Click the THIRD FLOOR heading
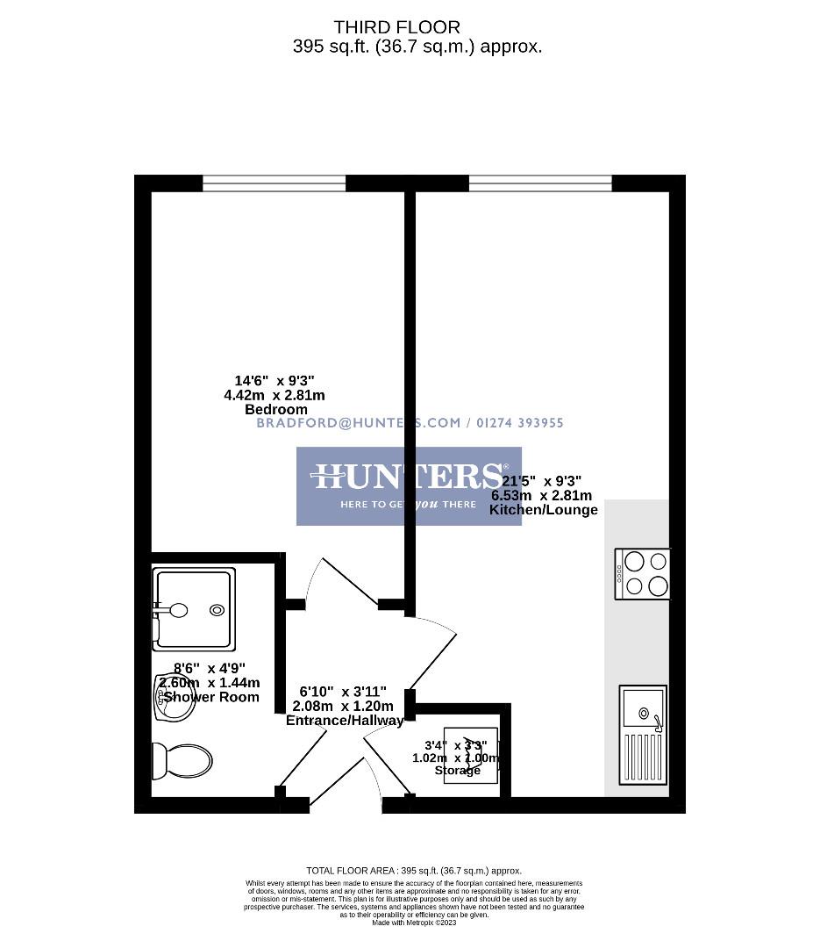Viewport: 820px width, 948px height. pos(396,28)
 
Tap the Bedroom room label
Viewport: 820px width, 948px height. pos(275,409)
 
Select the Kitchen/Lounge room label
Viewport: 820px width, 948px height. pos(543,509)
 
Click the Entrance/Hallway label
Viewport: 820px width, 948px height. pos(345,720)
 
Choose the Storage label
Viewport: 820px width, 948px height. pos(457,770)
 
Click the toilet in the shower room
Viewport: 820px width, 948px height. pos(182,760)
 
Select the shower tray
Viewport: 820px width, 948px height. pos(194,609)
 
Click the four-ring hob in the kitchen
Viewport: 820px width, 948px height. pos(643,573)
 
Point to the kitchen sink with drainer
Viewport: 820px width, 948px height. pos(643,735)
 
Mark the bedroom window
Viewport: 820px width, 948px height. pos(275,183)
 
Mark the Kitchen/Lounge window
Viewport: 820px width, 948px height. pos(540,183)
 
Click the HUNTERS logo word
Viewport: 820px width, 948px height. pos(408,477)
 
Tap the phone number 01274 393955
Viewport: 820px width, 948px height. pos(521,422)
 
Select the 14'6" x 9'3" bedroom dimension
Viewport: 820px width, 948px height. pos(275,381)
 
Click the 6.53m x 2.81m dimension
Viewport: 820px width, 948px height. pos(541,495)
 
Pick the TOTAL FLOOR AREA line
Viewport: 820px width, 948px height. pos(414,871)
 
